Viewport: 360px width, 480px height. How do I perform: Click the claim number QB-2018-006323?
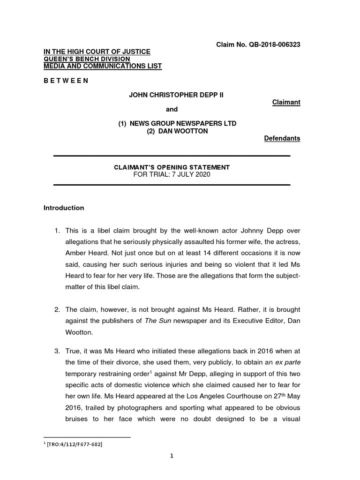pos(274,45)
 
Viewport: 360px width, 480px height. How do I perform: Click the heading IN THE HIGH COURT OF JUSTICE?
pos(97,52)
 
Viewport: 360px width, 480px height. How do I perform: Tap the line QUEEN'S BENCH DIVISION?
pos(87,59)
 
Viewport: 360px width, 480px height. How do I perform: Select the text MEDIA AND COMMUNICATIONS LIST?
pos(103,66)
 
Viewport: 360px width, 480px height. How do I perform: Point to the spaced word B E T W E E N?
pos(66,81)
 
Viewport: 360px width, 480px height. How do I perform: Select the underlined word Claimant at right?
pos(286,102)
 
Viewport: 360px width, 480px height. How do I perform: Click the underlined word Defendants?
pos(282,138)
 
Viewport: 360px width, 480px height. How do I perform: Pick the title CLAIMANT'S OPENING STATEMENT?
pos(172,167)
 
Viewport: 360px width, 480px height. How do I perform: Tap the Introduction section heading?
pos(64,208)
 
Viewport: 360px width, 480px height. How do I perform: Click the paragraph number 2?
pos(56,310)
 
